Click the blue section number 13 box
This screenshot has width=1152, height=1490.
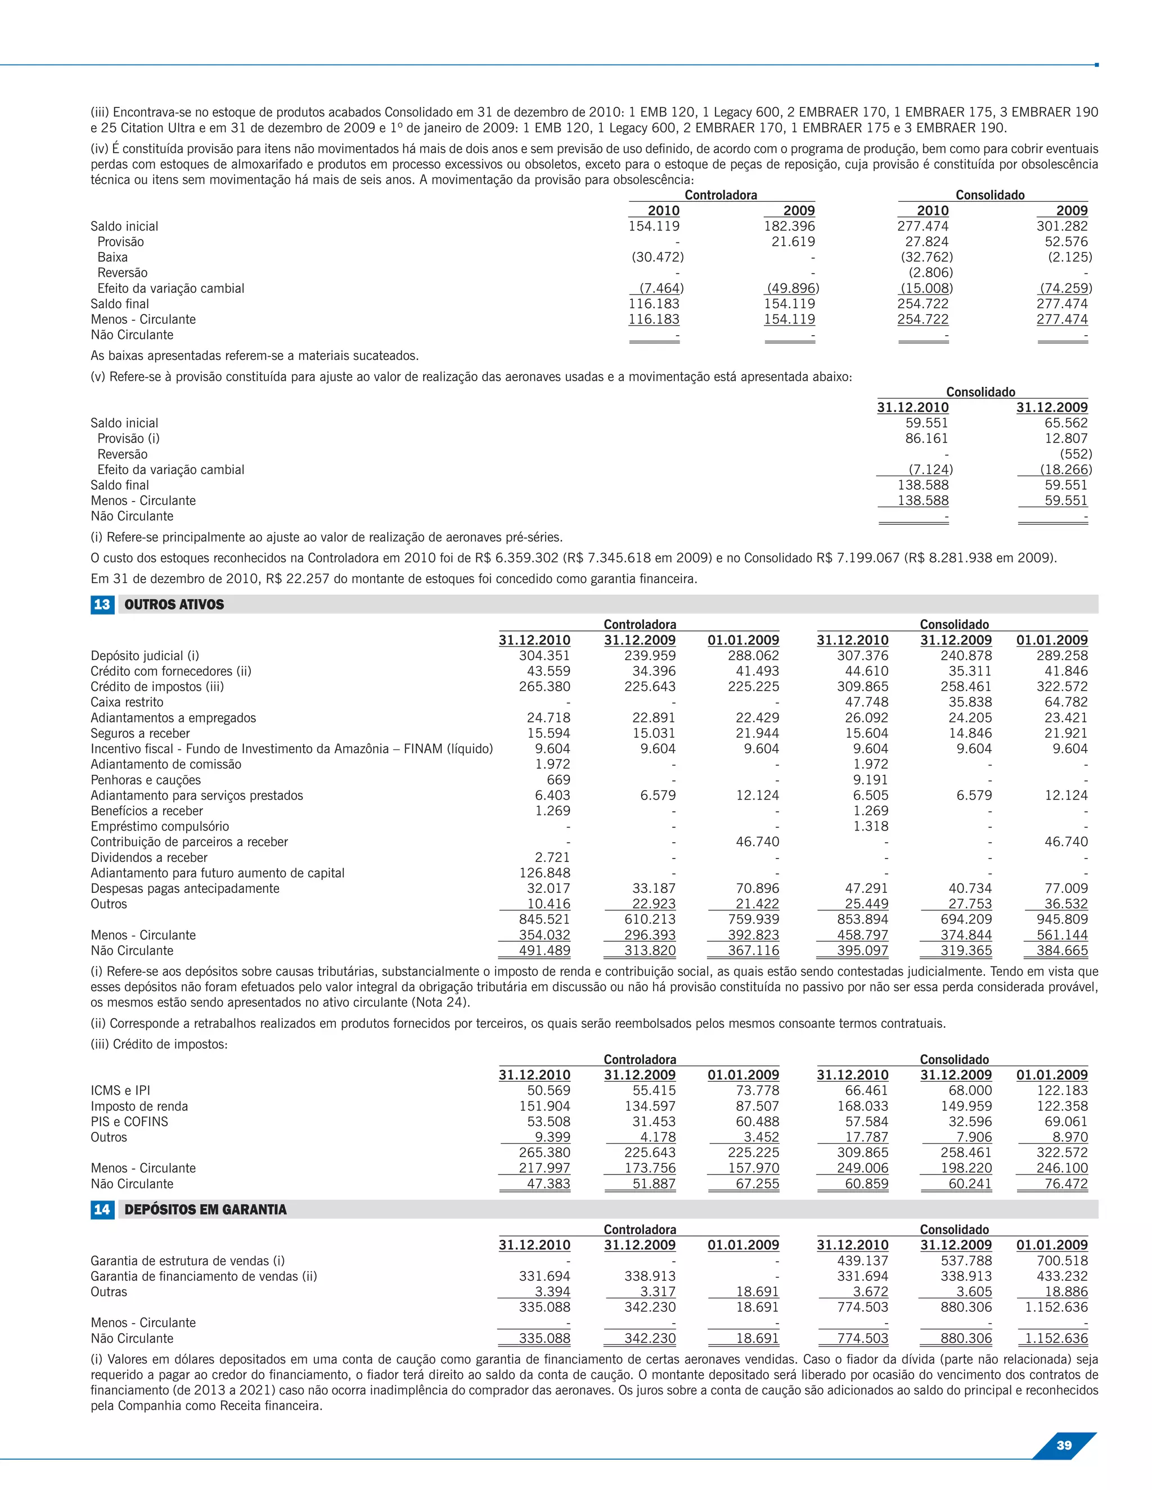pos(102,604)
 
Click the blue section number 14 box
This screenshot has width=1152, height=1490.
pos(102,1209)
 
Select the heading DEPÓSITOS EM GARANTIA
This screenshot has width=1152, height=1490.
pos(205,1209)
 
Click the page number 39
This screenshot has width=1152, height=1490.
pos(1064,1445)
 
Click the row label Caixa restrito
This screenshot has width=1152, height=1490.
pos(127,702)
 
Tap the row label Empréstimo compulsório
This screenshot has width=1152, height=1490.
pos(160,826)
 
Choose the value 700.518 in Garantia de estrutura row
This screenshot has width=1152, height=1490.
pos(1062,1261)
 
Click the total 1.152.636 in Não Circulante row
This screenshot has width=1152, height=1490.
pos(1056,1339)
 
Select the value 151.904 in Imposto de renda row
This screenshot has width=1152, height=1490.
pos(544,1106)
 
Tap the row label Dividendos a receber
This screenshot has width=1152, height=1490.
pos(148,857)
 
